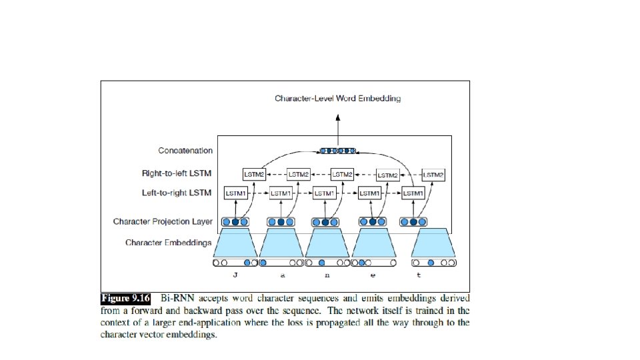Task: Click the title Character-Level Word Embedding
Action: (x=338, y=99)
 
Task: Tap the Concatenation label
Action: (x=185, y=151)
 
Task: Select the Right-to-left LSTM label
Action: (x=177, y=174)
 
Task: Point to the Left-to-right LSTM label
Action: (x=177, y=193)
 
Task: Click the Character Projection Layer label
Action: (x=163, y=221)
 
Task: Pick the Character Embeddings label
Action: (x=169, y=242)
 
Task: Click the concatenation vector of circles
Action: (x=338, y=151)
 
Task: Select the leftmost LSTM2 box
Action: (x=254, y=174)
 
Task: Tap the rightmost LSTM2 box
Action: (x=432, y=174)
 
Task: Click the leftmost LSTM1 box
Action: (x=235, y=193)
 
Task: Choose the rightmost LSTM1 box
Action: (x=413, y=193)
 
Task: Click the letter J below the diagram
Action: (x=235, y=275)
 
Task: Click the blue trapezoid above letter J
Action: (x=235, y=243)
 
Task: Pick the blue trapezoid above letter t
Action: (x=434, y=243)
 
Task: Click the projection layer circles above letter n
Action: (x=325, y=222)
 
